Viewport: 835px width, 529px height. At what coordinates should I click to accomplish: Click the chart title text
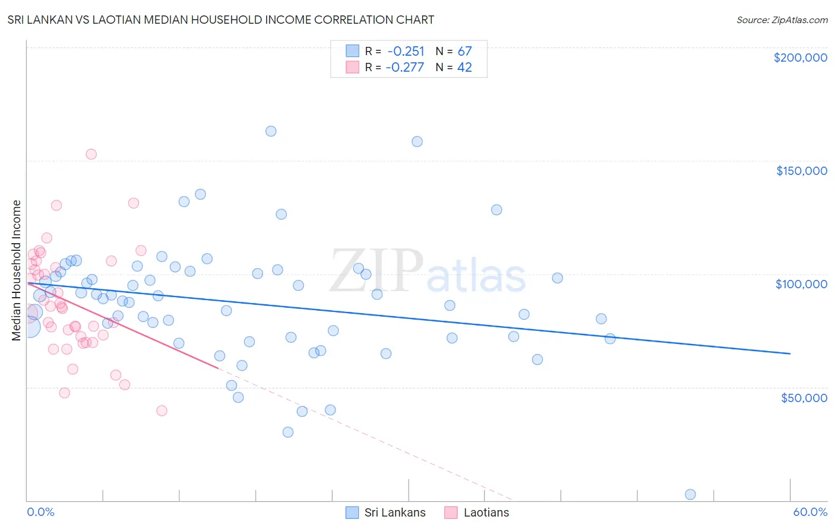[x=220, y=20]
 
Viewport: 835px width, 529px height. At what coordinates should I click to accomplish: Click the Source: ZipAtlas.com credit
[x=782, y=20]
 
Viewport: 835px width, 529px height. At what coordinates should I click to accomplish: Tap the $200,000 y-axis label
[x=800, y=58]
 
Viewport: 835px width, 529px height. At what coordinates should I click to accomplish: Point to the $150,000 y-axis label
[x=801, y=171]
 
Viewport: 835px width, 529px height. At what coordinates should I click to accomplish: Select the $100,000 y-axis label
[x=801, y=284]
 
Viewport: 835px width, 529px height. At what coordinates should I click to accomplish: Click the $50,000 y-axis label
[x=804, y=397]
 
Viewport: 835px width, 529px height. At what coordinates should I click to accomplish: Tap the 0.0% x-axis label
[x=40, y=512]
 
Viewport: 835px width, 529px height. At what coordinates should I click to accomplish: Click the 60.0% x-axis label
[x=809, y=512]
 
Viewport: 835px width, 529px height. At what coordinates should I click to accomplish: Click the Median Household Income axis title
[x=16, y=270]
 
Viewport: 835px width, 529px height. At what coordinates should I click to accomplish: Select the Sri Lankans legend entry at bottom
[x=385, y=512]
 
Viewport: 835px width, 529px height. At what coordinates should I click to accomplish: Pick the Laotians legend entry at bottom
[x=476, y=512]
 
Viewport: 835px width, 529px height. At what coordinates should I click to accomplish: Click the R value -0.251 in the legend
[x=405, y=51]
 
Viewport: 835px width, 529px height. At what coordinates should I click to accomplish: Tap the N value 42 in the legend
[x=464, y=68]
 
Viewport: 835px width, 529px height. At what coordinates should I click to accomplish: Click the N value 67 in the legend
[x=464, y=51]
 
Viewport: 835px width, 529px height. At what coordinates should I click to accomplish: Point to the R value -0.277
[x=404, y=68]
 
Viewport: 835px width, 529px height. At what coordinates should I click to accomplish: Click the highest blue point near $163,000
[x=271, y=131]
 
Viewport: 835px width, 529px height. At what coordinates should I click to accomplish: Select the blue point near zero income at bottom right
[x=690, y=495]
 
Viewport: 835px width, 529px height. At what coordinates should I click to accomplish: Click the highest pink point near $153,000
[x=91, y=154]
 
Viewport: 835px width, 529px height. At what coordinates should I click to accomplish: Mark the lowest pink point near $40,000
[x=162, y=410]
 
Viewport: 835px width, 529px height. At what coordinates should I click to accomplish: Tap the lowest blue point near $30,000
[x=288, y=432]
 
